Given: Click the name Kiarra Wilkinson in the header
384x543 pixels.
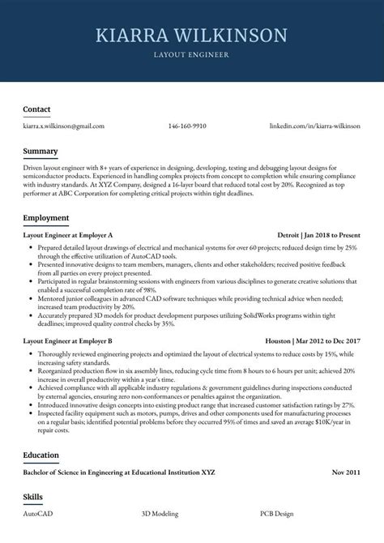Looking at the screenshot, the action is click(191, 35).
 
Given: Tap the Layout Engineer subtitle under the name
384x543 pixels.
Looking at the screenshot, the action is click(191, 55).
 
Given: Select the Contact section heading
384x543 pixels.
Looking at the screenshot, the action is click(36, 109).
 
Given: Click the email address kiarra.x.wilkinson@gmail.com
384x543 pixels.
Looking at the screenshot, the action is click(63, 126).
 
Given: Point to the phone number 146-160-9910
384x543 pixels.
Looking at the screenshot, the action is click(187, 126).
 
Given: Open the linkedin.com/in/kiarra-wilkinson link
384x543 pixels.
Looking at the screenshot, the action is click(314, 126).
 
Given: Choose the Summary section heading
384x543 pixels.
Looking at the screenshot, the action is click(40, 152).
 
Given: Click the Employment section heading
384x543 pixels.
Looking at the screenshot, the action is click(45, 218).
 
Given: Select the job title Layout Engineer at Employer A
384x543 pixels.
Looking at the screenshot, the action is click(67, 236).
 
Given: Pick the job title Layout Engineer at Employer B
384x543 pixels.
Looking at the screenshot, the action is click(67, 341).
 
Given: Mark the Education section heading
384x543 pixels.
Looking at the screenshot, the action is click(41, 455).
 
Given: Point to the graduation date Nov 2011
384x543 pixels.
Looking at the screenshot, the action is click(345, 472).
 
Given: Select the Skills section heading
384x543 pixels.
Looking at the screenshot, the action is click(32, 496).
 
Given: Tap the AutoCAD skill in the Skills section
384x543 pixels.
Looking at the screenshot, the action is click(39, 514).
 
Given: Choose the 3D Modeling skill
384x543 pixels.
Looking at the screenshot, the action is click(161, 514).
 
